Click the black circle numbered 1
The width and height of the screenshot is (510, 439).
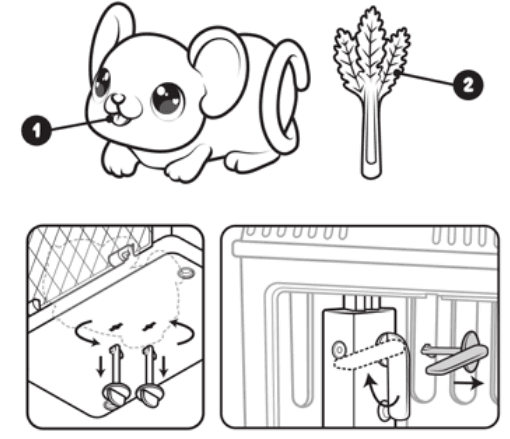36,130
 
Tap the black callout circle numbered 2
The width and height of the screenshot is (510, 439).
468,85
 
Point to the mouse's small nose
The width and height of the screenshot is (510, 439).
118,99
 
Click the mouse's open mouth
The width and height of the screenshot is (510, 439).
119,120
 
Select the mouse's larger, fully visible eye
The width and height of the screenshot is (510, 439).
167,99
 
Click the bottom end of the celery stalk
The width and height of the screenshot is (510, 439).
371,175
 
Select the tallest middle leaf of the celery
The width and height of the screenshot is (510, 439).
370,43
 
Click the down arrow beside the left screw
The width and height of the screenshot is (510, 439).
100,366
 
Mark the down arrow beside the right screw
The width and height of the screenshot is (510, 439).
163,365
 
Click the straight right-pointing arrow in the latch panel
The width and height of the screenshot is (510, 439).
468,383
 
